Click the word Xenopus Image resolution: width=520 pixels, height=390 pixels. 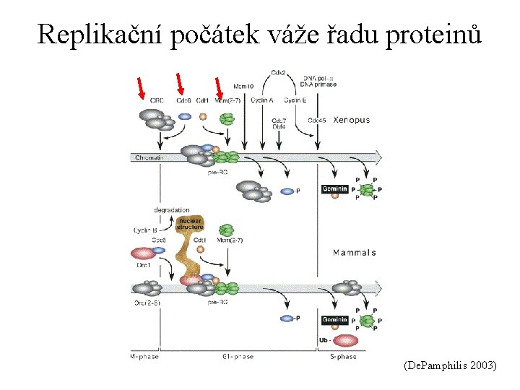click(x=351, y=120)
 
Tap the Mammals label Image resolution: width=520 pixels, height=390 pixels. click(x=354, y=253)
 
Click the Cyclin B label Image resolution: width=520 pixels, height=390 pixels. click(x=145, y=230)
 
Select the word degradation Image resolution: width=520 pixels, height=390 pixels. click(x=171, y=209)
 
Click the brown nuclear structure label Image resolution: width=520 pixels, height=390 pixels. click(x=190, y=223)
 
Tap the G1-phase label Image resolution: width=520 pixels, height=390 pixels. click(x=238, y=357)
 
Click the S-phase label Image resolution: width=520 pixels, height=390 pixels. click(x=343, y=357)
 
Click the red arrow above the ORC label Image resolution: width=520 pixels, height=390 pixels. click(x=142, y=87)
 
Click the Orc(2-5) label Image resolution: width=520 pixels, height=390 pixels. click(x=146, y=302)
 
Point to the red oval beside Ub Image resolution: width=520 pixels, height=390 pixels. click(x=346, y=340)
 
